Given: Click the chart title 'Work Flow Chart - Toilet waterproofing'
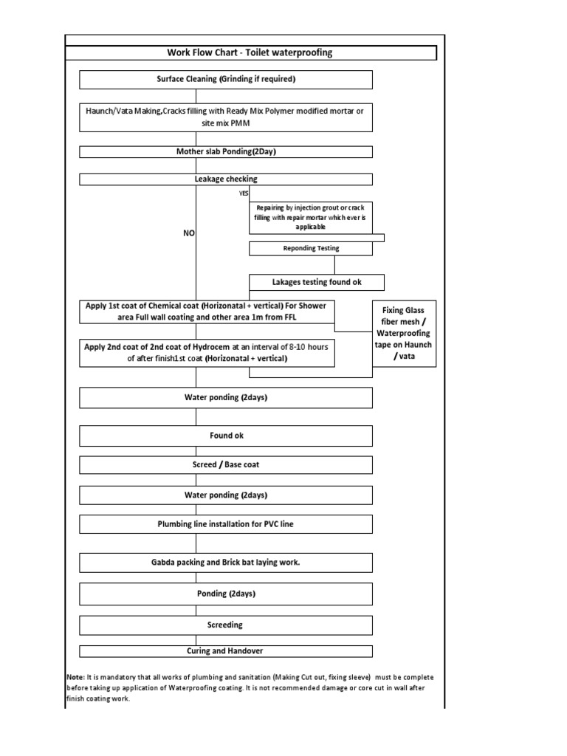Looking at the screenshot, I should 251,53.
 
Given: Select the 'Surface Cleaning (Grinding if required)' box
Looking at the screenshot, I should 226,79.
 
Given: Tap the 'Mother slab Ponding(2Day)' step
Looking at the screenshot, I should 226,152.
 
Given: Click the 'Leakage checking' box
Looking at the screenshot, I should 226,179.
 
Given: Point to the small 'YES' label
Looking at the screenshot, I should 244,193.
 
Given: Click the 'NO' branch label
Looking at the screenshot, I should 190,232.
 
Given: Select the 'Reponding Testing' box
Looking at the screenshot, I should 310,249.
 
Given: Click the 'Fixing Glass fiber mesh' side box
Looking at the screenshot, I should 404,333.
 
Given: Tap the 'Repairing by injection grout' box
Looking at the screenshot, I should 311,217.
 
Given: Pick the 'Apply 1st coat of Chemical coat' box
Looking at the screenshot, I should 207,312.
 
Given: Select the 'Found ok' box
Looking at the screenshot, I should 226,436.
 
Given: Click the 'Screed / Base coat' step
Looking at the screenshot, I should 226,465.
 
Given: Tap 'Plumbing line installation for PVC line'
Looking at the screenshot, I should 226,524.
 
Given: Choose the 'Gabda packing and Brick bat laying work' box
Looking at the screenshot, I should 226,563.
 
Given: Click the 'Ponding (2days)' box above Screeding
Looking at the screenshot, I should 226,594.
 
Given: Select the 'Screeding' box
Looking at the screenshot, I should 226,625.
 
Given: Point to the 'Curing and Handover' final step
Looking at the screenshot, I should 226,651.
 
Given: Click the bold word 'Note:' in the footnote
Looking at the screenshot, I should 75,677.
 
